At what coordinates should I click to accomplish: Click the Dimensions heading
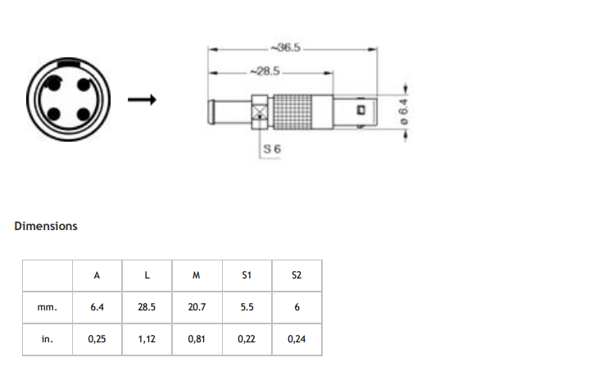point(46,226)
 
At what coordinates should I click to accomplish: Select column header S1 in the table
point(246,275)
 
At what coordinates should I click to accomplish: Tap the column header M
point(197,275)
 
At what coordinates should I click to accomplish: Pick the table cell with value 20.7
point(197,307)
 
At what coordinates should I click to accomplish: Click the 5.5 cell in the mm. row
point(246,307)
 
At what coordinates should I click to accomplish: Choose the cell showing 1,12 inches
point(147,339)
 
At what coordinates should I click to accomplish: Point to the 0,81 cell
point(197,339)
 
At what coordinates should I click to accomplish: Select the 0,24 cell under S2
point(296,339)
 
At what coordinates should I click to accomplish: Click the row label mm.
point(48,307)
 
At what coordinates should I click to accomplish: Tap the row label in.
point(48,339)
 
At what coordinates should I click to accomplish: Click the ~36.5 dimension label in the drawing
point(288,48)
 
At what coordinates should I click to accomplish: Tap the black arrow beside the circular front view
point(142,101)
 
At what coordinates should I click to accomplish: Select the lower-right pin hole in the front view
point(80,114)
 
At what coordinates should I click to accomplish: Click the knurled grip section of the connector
point(300,110)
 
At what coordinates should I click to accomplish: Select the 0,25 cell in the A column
point(97,339)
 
